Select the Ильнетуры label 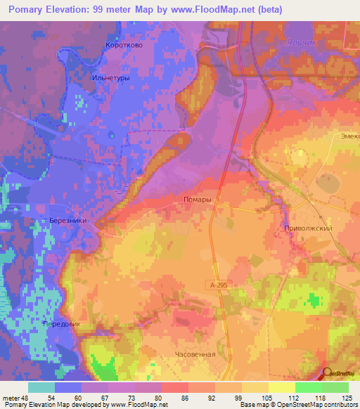tap(110, 78)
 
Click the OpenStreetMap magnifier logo tap(328, 375)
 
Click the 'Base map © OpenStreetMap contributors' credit tap(298, 405)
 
